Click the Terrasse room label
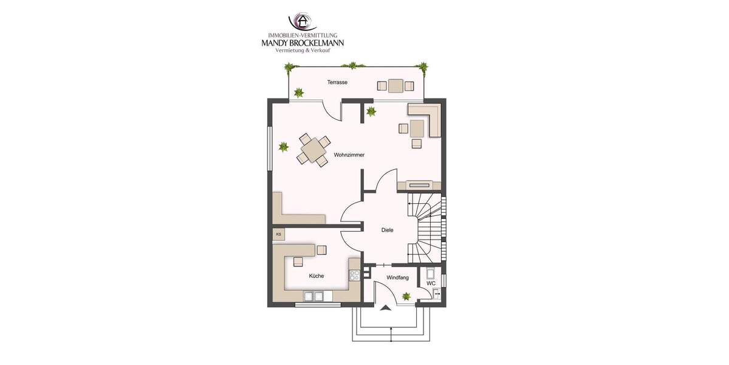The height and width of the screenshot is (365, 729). (337, 82)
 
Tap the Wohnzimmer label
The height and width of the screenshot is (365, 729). (349, 156)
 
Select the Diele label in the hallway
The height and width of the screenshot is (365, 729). (387, 230)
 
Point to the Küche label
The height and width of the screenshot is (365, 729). (317, 276)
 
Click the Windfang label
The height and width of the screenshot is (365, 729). (398, 278)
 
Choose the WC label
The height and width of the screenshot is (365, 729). (431, 283)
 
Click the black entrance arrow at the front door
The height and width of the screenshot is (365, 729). (385, 308)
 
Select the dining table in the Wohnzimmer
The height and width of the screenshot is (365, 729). (313, 148)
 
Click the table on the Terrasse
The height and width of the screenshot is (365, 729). (396, 85)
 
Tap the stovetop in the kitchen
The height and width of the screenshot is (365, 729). (354, 274)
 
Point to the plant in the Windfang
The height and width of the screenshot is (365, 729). (406, 296)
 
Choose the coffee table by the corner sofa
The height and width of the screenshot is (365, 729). (417, 128)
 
